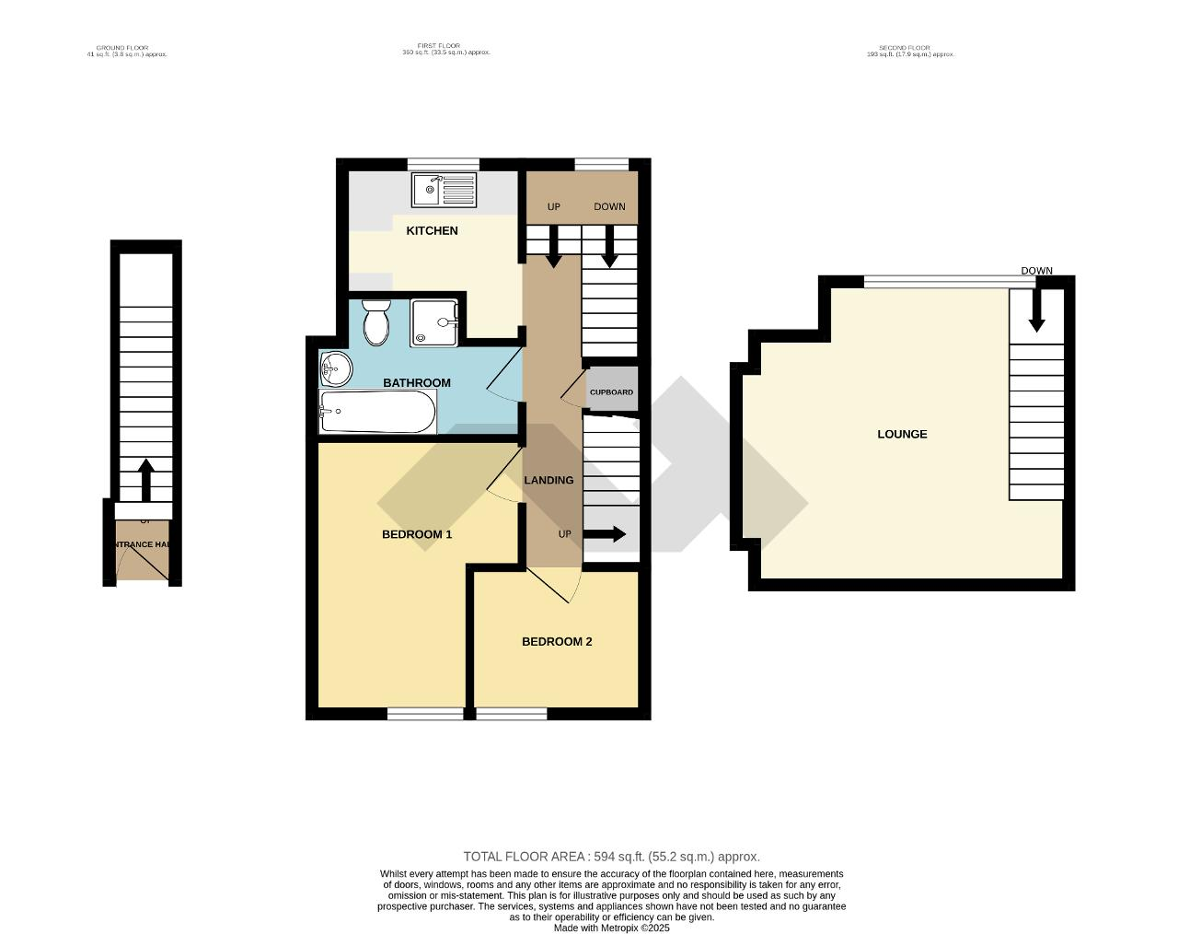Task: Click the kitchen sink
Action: pyautogui.click(x=444, y=191)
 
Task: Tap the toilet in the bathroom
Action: pyautogui.click(x=375, y=321)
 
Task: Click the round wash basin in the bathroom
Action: pyautogui.click(x=335, y=370)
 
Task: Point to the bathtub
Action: pyautogui.click(x=377, y=412)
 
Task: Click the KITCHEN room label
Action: pyautogui.click(x=432, y=230)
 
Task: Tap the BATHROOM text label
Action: pyautogui.click(x=416, y=382)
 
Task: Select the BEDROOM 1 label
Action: pyautogui.click(x=416, y=534)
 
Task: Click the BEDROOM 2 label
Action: pyautogui.click(x=556, y=641)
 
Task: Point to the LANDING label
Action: pyautogui.click(x=549, y=480)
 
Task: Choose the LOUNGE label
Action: pyautogui.click(x=902, y=434)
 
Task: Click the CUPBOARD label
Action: pyautogui.click(x=611, y=392)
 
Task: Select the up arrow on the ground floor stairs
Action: pyautogui.click(x=145, y=479)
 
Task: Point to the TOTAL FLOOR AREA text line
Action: pyautogui.click(x=611, y=857)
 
